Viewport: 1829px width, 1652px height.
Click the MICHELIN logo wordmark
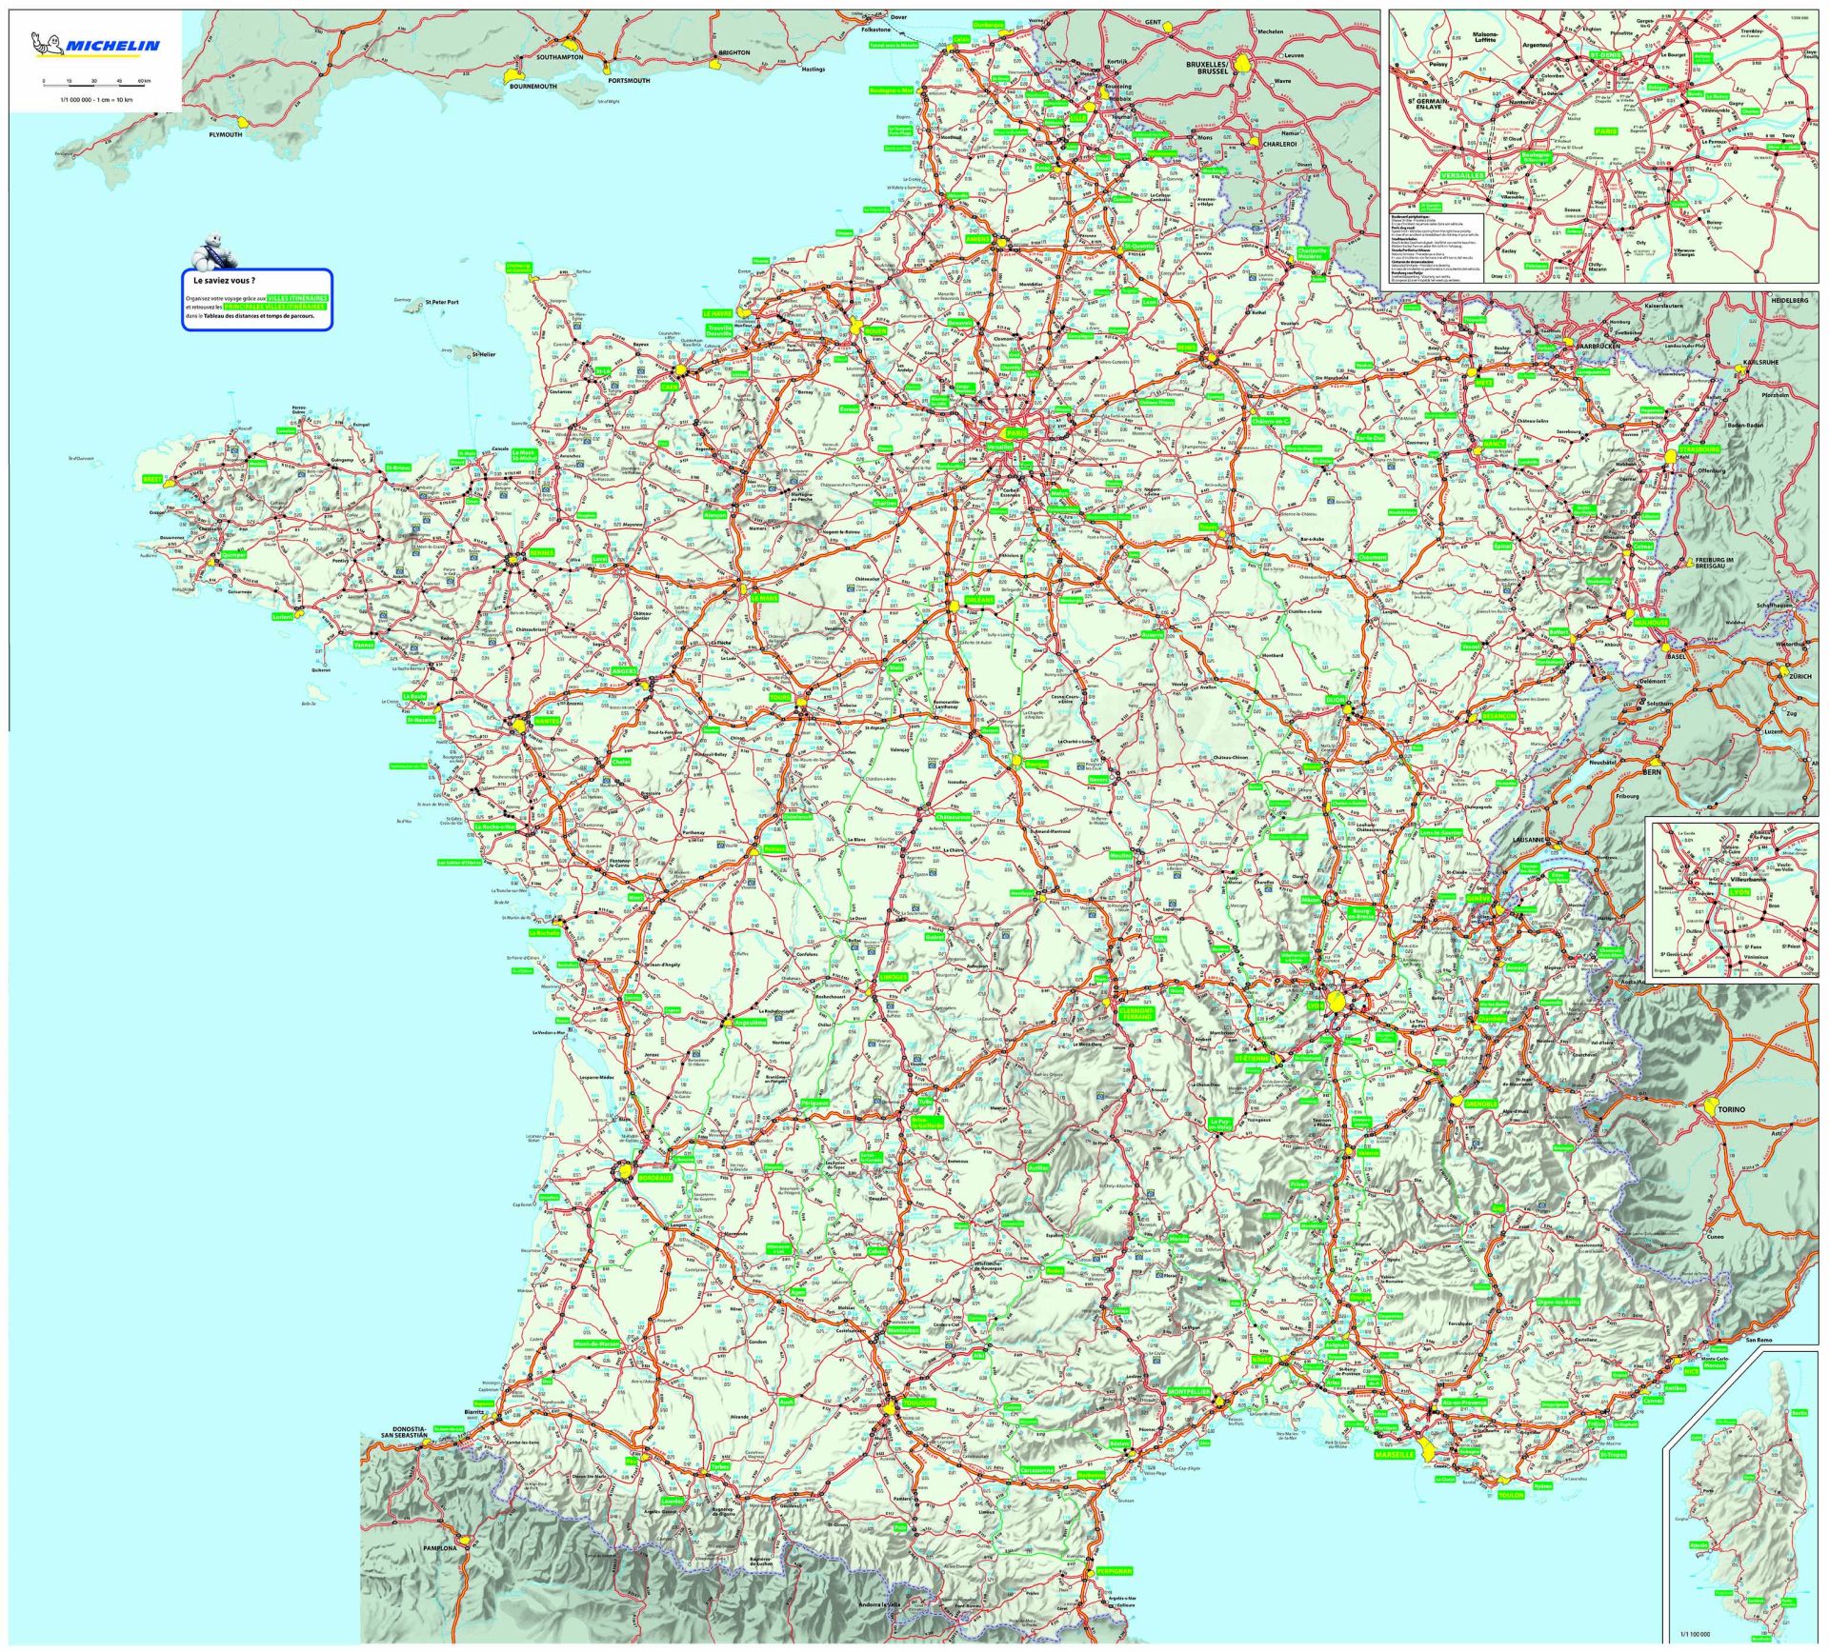[112, 46]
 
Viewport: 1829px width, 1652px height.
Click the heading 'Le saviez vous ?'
[224, 281]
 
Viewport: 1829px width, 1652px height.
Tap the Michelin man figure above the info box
[211, 254]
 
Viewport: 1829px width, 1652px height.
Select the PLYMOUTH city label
[226, 134]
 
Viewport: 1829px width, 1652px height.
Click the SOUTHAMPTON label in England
[559, 57]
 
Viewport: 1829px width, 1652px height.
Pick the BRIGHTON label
[734, 52]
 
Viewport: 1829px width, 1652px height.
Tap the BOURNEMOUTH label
[533, 87]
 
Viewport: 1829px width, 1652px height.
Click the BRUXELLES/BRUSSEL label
[1207, 68]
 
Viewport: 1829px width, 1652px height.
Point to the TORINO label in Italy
[1731, 1109]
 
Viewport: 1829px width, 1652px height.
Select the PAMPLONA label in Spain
[440, 1548]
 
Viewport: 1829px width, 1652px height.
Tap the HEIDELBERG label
[1789, 300]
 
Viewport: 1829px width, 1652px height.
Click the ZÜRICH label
[1799, 675]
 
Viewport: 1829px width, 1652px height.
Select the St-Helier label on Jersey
[484, 354]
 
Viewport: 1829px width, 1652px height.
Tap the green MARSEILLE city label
[1394, 1455]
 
